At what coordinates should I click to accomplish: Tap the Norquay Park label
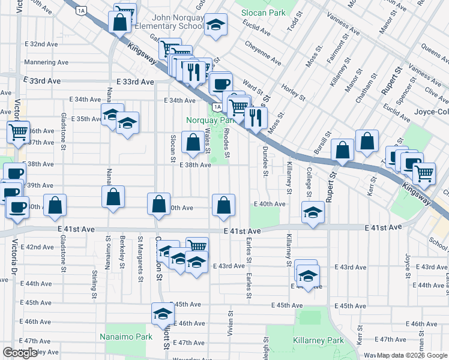(209, 119)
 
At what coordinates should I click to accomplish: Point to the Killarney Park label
(318, 340)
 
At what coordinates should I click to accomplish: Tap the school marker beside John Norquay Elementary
(215, 25)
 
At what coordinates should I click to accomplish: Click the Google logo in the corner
(20, 353)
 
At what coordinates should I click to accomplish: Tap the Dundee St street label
(265, 163)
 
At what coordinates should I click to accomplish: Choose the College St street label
(309, 182)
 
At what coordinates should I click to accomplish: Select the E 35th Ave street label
(86, 119)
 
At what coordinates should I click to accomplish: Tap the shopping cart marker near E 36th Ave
(19, 131)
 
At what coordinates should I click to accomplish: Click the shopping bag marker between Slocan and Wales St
(193, 143)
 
